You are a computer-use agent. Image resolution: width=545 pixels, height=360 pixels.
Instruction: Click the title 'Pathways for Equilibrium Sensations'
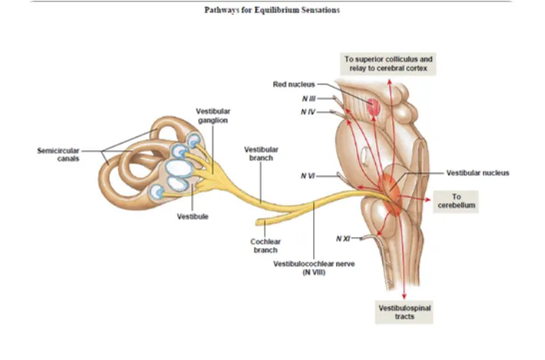point(272,10)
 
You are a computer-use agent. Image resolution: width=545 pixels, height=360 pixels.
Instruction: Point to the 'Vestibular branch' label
point(261,153)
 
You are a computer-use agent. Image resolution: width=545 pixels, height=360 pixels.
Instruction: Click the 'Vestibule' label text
point(193,216)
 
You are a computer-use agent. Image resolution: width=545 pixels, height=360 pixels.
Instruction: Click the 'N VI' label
point(308,176)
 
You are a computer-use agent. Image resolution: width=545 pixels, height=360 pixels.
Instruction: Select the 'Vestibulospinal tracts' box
point(405,311)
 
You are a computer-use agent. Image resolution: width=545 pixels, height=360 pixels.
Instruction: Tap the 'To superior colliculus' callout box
point(388,63)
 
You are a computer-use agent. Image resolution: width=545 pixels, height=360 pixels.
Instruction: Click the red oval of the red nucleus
point(374,107)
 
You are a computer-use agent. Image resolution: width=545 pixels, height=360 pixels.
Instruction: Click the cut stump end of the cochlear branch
point(261,224)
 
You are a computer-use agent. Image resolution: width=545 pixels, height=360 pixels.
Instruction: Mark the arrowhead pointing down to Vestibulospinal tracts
point(404,295)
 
